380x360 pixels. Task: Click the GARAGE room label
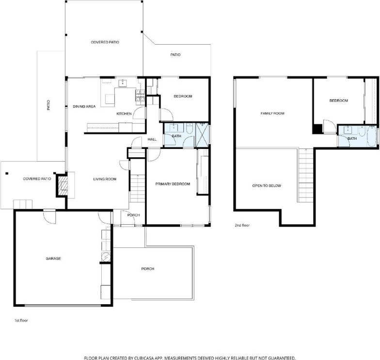(53, 259)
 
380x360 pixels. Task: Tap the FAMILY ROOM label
(272, 114)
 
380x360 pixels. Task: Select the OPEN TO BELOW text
(267, 185)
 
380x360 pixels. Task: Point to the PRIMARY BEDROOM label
(173, 184)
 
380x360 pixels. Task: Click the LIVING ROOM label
(105, 179)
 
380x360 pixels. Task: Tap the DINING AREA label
(84, 106)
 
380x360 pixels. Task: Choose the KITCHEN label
(124, 114)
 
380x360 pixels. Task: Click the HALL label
(152, 139)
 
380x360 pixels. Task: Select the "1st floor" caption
(21, 320)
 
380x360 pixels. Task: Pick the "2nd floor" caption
(242, 225)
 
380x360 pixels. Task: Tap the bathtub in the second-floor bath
(371, 136)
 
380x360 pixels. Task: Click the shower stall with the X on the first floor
(202, 135)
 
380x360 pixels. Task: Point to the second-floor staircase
(305, 175)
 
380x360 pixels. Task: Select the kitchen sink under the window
(123, 83)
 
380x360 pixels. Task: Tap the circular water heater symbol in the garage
(106, 257)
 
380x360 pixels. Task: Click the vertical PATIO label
(48, 105)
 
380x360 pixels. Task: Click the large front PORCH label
(147, 269)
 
